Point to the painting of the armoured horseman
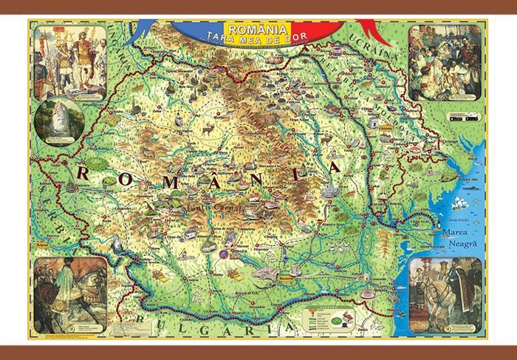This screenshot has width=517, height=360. tap(69, 293)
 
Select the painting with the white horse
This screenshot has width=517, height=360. tap(445, 293)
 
